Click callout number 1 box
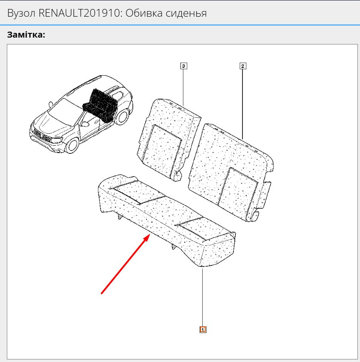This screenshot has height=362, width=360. (x=203, y=330)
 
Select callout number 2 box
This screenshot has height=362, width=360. (x=242, y=66)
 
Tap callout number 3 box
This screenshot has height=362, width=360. (x=183, y=66)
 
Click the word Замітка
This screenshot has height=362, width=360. (x=26, y=35)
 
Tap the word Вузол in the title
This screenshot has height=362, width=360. (x=21, y=13)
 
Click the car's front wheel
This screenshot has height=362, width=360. (x=72, y=146)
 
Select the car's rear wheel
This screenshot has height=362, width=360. (x=122, y=117)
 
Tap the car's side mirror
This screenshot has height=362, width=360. (x=85, y=124)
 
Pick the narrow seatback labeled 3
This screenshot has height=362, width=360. (x=168, y=140)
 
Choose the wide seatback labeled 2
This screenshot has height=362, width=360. (x=231, y=172)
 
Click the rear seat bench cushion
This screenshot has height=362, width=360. (x=167, y=220)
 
